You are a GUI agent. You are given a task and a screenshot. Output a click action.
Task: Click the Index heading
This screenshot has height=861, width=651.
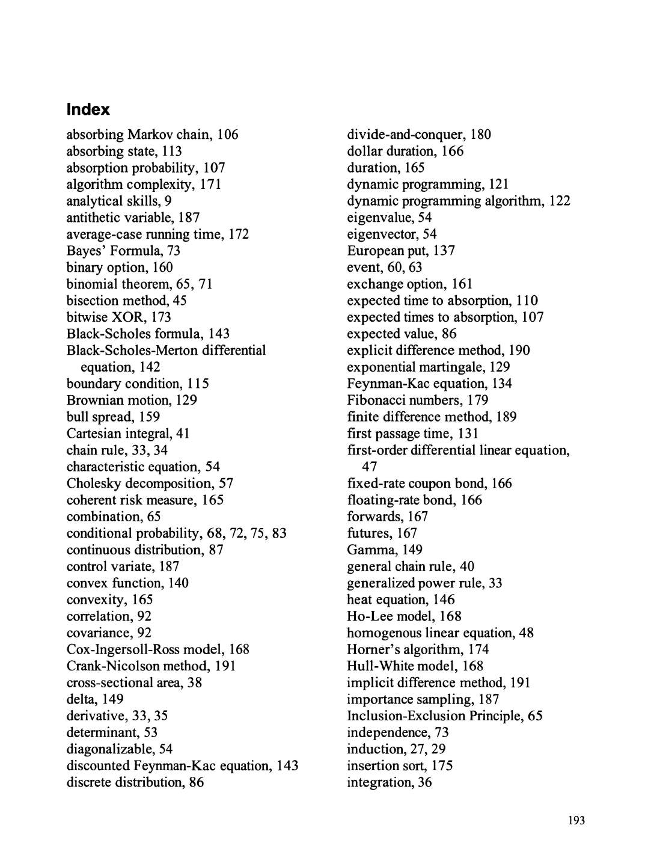(88, 109)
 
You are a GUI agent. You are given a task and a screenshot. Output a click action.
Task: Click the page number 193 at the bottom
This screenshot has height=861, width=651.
(576, 821)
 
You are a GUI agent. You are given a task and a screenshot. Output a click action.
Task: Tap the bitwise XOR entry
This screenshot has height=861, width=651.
(118, 317)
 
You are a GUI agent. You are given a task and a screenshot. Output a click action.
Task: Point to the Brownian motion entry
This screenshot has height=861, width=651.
(132, 400)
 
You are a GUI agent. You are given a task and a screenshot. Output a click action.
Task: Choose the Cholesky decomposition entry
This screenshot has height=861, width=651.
(150, 483)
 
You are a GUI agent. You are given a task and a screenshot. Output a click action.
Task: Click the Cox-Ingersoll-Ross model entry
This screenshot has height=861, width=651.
(157, 649)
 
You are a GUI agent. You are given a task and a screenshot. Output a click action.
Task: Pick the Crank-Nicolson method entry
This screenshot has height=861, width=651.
(151, 666)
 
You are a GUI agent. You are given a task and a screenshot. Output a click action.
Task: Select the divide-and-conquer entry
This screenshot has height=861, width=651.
(418, 134)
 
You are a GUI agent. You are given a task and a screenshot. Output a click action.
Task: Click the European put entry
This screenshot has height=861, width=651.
(400, 251)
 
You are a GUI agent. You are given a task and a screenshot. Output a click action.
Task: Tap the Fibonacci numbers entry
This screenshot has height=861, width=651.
(417, 400)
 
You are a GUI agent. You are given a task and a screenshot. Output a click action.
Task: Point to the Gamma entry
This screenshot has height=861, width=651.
(384, 550)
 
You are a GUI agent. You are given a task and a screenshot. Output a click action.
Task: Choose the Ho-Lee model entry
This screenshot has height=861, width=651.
(404, 616)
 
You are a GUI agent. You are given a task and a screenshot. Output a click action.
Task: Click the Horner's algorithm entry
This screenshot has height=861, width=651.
(418, 649)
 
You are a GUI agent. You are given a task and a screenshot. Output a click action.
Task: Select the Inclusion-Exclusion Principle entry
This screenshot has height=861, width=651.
(444, 716)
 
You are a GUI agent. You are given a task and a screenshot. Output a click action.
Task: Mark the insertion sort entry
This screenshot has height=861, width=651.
(400, 766)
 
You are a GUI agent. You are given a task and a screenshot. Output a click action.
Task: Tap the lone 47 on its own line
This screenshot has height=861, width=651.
(370, 467)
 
